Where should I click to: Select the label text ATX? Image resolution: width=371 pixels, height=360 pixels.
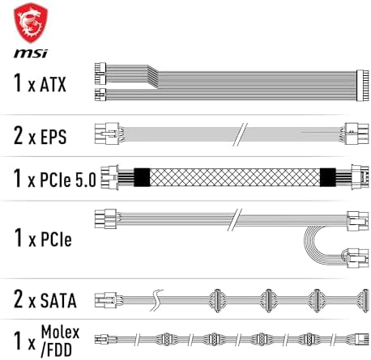[62, 83]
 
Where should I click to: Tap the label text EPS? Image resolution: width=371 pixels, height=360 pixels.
[62, 133]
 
